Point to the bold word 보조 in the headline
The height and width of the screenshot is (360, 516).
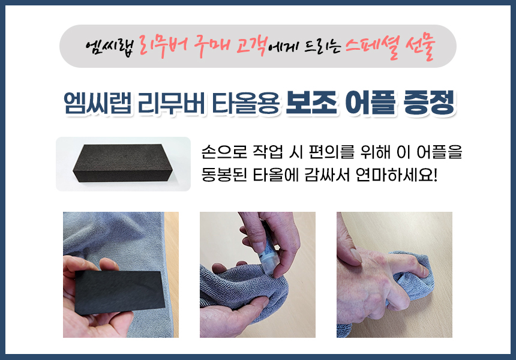(311, 103)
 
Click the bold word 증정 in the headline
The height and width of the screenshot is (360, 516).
(429, 103)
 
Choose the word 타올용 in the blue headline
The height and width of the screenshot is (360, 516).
(245, 103)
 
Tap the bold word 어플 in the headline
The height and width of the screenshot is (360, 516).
(370, 103)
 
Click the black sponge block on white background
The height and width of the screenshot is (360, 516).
(122, 163)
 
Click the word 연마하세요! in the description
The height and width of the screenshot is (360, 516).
(397, 175)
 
